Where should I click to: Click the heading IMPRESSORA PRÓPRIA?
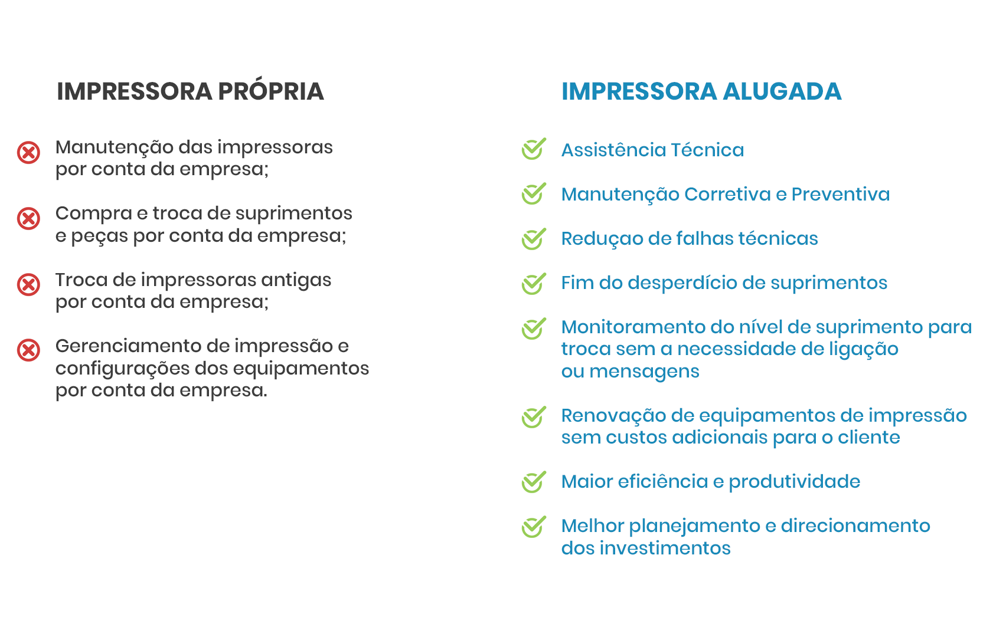pyautogui.click(x=190, y=91)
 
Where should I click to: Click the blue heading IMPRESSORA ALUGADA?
pyautogui.click(x=701, y=91)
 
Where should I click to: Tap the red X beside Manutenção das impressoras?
pyautogui.click(x=28, y=153)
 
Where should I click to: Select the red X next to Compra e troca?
pyautogui.click(x=28, y=218)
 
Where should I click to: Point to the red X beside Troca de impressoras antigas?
pyautogui.click(x=28, y=284)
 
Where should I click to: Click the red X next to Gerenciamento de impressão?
pyautogui.click(x=28, y=350)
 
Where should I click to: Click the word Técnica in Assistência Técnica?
pyautogui.click(x=707, y=150)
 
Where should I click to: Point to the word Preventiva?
pyautogui.click(x=841, y=195)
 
